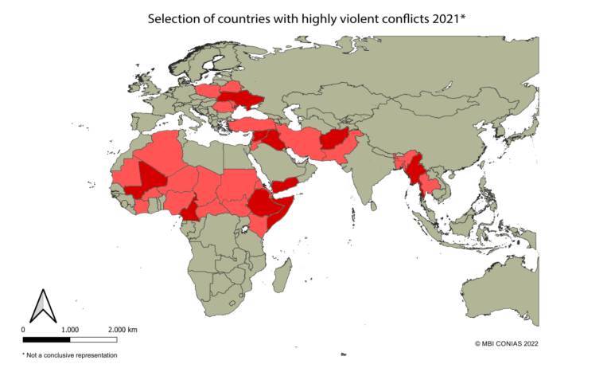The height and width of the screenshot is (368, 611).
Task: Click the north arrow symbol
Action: pyautogui.click(x=41, y=307)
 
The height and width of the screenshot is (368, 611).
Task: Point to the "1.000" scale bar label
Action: pyautogui.click(x=69, y=329)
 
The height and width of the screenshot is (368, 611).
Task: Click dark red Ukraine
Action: pyautogui.click(x=239, y=100)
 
